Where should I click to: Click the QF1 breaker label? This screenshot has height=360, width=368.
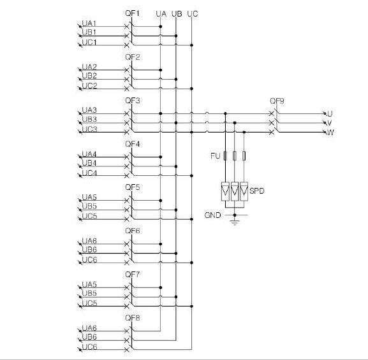pyautogui.click(x=133, y=13)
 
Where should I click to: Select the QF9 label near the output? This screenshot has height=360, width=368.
pyautogui.click(x=277, y=101)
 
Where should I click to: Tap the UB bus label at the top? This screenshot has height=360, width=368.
pyautogui.click(x=177, y=14)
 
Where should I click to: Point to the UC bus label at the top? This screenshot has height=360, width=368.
pyautogui.click(x=193, y=14)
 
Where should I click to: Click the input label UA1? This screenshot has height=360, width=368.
pyautogui.click(x=89, y=23)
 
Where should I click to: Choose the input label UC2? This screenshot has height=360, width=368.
pyautogui.click(x=89, y=86)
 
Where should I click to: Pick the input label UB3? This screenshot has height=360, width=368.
pyautogui.click(x=89, y=119)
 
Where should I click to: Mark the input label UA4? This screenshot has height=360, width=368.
pyautogui.click(x=89, y=154)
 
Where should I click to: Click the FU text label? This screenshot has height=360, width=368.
pyautogui.click(x=215, y=155)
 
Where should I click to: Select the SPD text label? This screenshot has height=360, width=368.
pyautogui.click(x=257, y=191)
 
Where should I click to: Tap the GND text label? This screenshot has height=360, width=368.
pyautogui.click(x=212, y=215)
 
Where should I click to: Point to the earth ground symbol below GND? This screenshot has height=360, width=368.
pyautogui.click(x=235, y=222)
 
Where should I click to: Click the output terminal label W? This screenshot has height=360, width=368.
pyautogui.click(x=330, y=133)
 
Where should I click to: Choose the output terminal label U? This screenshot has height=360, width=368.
pyautogui.click(x=330, y=114)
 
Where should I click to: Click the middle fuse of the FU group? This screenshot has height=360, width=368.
pyautogui.click(x=235, y=155)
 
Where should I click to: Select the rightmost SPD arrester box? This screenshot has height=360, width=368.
pyautogui.click(x=244, y=191)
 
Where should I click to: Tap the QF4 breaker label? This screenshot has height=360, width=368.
pyautogui.click(x=133, y=144)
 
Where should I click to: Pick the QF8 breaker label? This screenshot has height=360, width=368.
pyautogui.click(x=133, y=318)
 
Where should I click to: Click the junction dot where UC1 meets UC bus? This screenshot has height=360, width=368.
pyautogui.click(x=192, y=45)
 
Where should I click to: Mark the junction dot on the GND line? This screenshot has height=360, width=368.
pyautogui.click(x=235, y=215)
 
